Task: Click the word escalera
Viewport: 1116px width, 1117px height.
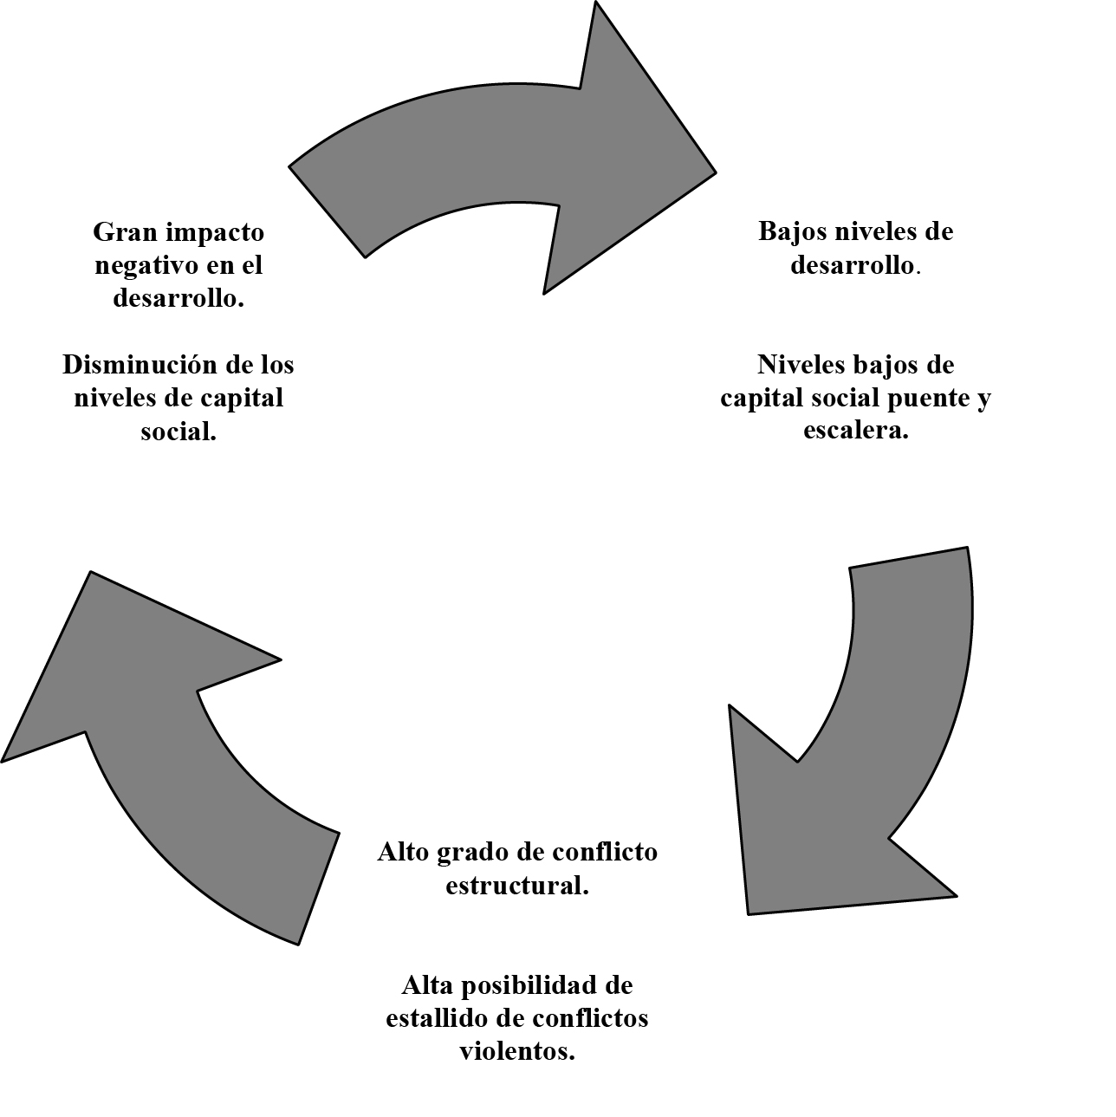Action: click(x=856, y=430)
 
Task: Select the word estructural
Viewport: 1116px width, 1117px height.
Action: click(x=517, y=885)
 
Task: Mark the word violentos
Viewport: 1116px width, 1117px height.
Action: click(x=517, y=1050)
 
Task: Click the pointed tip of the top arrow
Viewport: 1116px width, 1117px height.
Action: click(x=717, y=172)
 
